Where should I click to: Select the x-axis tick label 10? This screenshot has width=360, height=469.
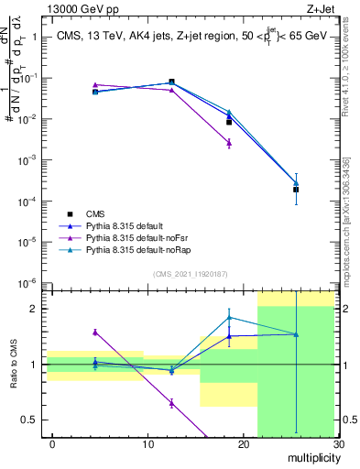click(x=148, y=444)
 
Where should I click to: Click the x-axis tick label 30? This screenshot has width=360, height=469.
click(x=338, y=444)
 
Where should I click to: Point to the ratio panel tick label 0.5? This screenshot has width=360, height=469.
click(x=27, y=420)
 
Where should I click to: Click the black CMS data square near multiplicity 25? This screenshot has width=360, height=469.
click(x=296, y=190)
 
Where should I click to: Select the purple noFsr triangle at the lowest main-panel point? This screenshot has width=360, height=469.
click(x=229, y=143)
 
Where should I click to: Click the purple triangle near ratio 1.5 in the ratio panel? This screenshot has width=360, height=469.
click(x=95, y=333)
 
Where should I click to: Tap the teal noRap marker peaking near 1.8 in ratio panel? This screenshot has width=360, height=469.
click(x=229, y=318)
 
